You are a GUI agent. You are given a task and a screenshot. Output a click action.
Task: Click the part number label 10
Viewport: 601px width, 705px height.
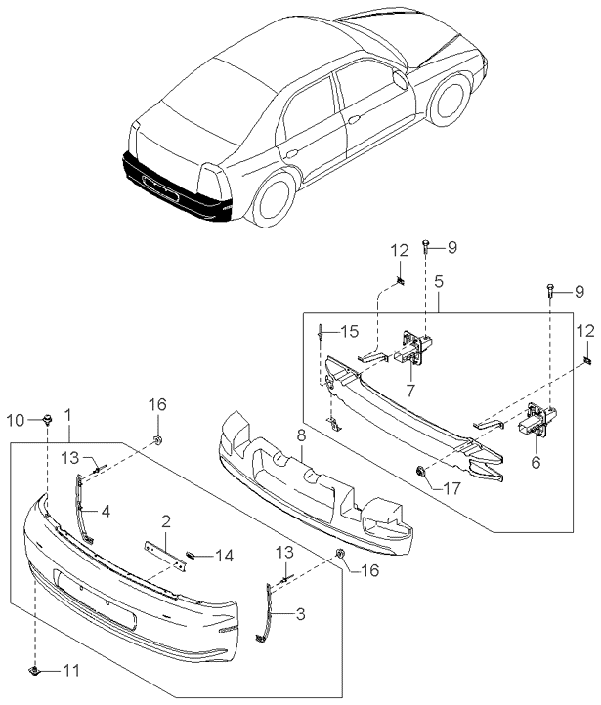(x=15, y=420)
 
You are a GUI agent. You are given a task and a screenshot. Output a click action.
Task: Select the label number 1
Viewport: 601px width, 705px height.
(x=67, y=415)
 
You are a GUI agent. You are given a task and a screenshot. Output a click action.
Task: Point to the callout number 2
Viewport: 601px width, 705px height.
(x=166, y=521)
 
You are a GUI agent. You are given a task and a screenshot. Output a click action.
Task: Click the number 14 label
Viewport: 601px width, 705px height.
(x=225, y=556)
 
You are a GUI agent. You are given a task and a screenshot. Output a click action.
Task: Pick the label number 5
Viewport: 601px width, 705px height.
(x=439, y=280)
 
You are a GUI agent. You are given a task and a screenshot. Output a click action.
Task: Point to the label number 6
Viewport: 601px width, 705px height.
(x=536, y=464)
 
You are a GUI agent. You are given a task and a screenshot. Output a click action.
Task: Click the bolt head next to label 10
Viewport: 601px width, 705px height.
(x=46, y=420)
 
